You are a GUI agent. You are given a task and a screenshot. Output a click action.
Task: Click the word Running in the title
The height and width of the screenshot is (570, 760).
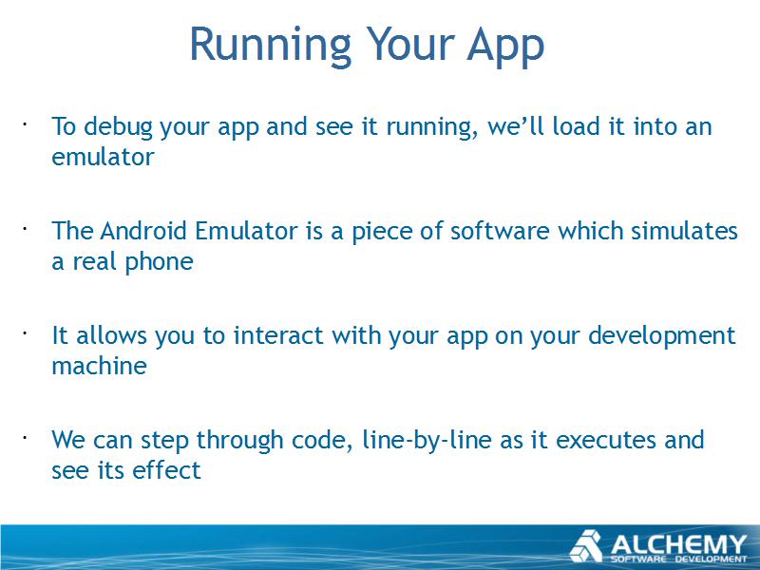270,46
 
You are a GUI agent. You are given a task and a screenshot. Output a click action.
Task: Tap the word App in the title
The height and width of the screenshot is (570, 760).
505,47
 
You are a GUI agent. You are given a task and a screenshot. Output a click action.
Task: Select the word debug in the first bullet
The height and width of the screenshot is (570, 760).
118,127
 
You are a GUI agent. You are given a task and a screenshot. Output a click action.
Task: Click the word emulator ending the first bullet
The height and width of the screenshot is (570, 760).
103,157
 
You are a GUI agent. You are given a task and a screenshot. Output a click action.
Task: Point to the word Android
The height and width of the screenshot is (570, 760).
143,230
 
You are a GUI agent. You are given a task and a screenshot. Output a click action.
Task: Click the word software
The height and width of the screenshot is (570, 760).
500,230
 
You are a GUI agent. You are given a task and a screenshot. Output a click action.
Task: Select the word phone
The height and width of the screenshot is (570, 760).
159,262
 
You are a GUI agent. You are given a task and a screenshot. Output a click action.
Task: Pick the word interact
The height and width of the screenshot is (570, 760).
278,335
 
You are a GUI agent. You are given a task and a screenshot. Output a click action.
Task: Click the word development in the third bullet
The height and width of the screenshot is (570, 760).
661,336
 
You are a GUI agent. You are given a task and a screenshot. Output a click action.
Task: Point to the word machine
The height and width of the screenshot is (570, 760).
99,366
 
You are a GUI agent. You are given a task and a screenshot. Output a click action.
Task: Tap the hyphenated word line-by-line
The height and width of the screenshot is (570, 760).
427,441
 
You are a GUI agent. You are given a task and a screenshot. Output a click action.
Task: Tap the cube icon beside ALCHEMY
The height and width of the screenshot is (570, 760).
585,546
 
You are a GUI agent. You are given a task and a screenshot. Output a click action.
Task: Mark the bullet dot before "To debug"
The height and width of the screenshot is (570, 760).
24,124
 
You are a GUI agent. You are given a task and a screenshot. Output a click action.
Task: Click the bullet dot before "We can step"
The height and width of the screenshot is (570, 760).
24,438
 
